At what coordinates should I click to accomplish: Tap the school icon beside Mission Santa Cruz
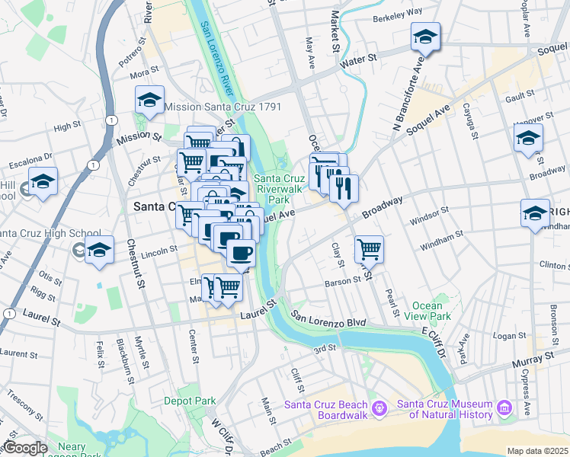click(x=149, y=101)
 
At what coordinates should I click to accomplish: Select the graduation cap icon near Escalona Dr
click(x=43, y=182)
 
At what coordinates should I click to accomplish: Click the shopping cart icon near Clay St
click(x=369, y=248)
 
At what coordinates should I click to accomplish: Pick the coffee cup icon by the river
click(x=241, y=253)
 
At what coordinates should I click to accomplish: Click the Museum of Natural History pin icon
click(x=504, y=410)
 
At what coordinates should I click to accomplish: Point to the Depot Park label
click(x=191, y=401)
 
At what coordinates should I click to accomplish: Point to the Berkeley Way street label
click(x=398, y=14)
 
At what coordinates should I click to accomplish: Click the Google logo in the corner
click(x=25, y=448)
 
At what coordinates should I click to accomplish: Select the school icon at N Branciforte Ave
click(x=425, y=37)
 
